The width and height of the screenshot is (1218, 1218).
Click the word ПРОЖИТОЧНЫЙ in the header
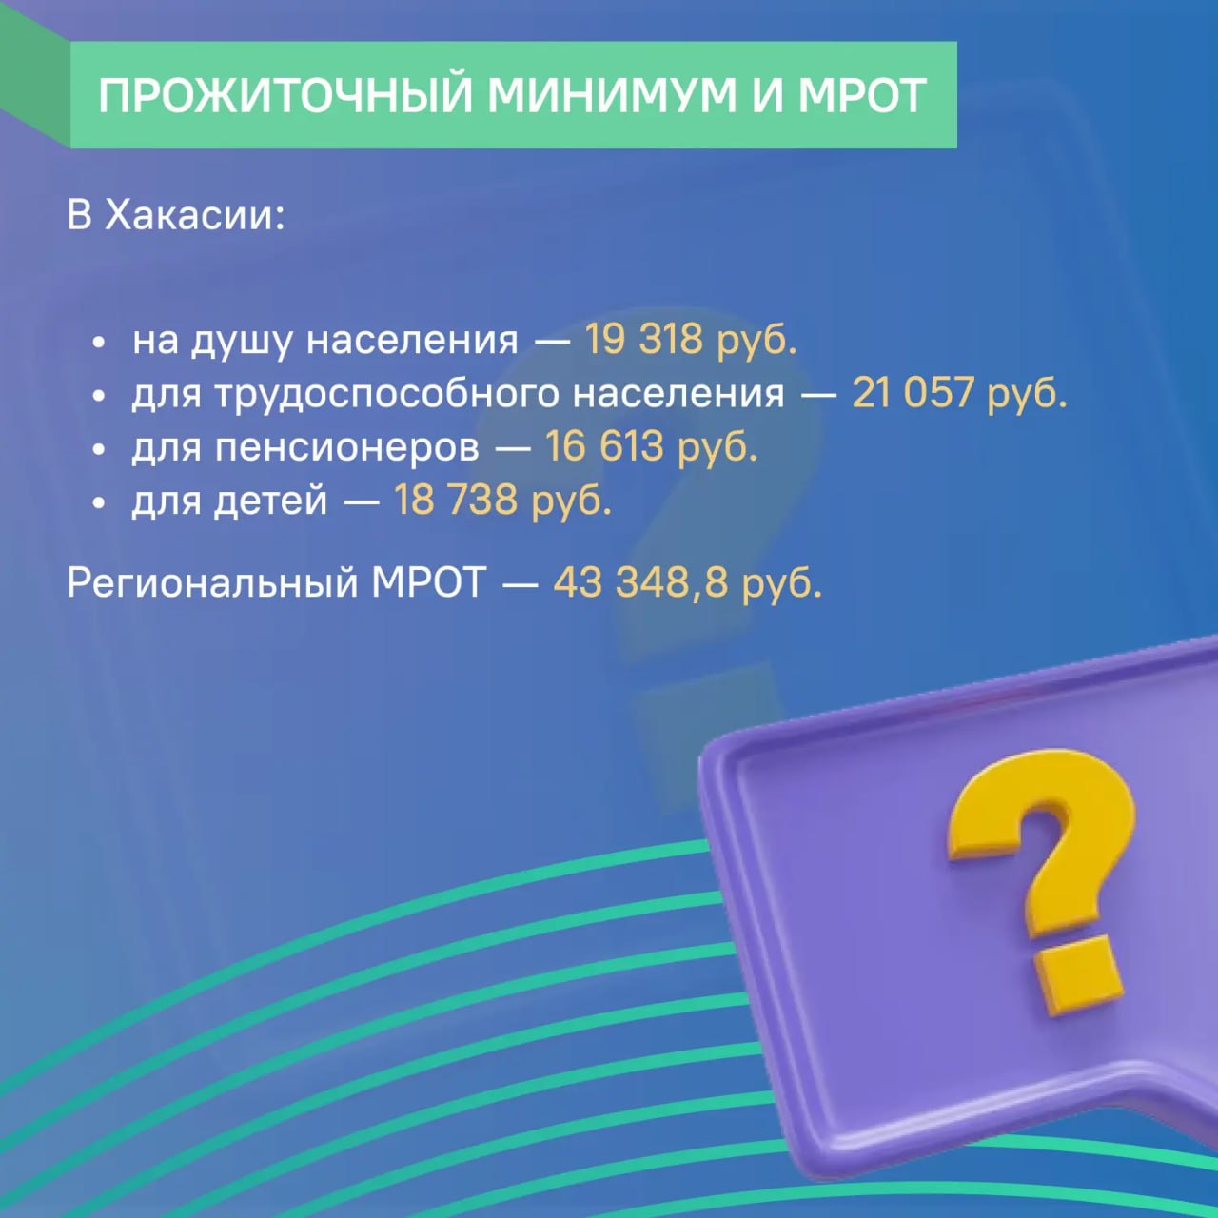285,95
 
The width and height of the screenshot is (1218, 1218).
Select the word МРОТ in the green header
861,95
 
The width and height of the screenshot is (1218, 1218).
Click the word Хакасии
194,215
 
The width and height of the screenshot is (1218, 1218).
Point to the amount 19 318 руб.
690,340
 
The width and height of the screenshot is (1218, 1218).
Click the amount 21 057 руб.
959,393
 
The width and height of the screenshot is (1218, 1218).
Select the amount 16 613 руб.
651,446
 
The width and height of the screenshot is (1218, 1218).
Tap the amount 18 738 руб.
502,500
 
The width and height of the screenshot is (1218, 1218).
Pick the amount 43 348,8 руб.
687,581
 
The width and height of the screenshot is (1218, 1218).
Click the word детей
277,501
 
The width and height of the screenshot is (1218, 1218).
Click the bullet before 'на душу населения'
99,343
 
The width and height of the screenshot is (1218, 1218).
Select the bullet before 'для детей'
99,502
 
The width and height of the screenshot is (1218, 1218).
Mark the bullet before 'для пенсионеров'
99,449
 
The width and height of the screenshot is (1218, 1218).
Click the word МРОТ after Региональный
428,581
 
